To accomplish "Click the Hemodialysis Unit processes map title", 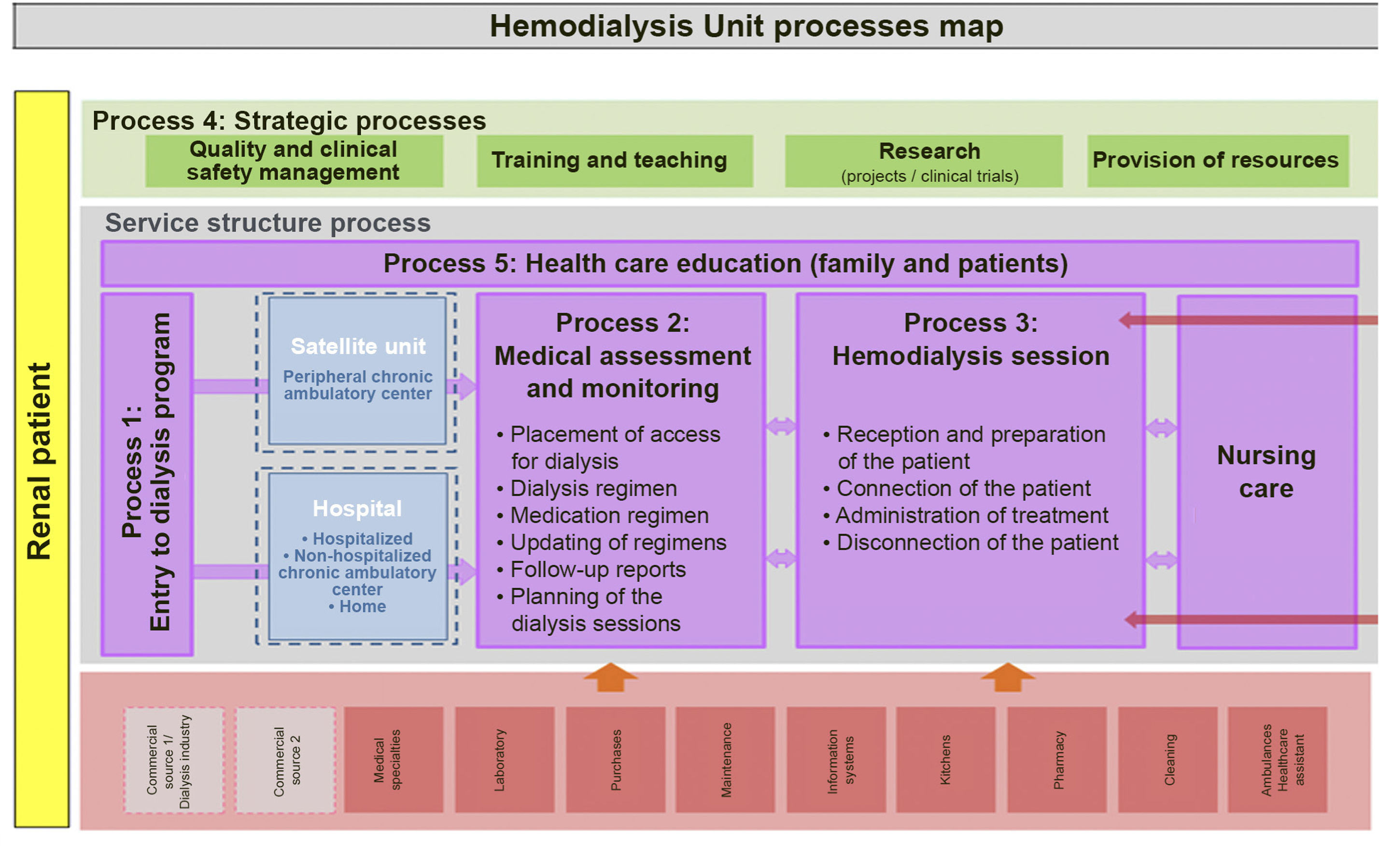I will pyautogui.click(x=746, y=26).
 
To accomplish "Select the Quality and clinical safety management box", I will pyautogui.click(x=294, y=161).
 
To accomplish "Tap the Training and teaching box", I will pyautogui.click(x=615, y=161).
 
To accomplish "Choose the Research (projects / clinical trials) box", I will pyautogui.click(x=923, y=161).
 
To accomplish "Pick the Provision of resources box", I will pyautogui.click(x=1217, y=161).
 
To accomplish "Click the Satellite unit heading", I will pyautogui.click(x=358, y=347).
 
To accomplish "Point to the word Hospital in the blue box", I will pyautogui.click(x=357, y=509).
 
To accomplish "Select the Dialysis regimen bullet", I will pyautogui.click(x=593, y=489).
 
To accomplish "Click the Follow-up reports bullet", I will pyautogui.click(x=598, y=570).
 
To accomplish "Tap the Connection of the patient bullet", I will pyautogui.click(x=963, y=489).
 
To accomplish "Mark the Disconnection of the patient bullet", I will pyautogui.click(x=977, y=543).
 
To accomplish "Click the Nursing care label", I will pyautogui.click(x=1266, y=472).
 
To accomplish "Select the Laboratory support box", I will pyautogui.click(x=504, y=759).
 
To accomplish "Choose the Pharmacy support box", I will pyautogui.click(x=1056, y=759).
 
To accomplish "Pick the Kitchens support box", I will pyautogui.click(x=945, y=759).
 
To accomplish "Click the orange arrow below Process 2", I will pyautogui.click(x=611, y=677).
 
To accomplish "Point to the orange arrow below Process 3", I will pyautogui.click(x=1008, y=677).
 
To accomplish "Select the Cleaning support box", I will pyautogui.click(x=1168, y=759).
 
